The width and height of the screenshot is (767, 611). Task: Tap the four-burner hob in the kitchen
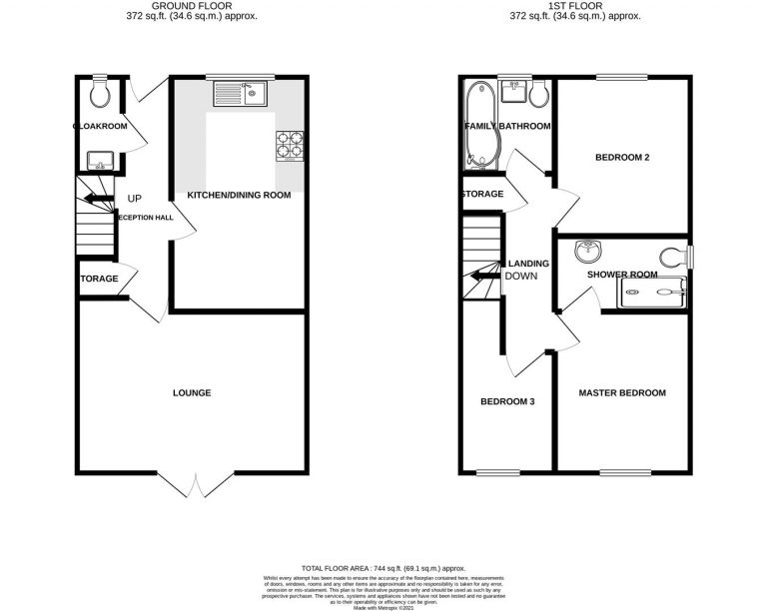point(290,146)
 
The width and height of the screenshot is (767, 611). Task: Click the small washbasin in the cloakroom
point(98,160)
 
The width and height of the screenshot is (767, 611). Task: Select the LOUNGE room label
point(191,393)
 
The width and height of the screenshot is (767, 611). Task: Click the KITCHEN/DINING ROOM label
point(239,195)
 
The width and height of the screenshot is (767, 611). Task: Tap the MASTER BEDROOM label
point(622,393)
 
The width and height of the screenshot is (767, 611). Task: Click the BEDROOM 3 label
point(507,402)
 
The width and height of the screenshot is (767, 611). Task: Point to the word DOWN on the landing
point(521,277)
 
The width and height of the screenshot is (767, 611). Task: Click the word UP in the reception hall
point(134,198)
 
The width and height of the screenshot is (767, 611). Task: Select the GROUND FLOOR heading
point(191,6)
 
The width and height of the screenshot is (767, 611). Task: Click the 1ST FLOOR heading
point(574,6)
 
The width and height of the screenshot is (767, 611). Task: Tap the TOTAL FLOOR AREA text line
point(383,566)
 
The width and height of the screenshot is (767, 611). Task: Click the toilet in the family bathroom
point(538,94)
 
